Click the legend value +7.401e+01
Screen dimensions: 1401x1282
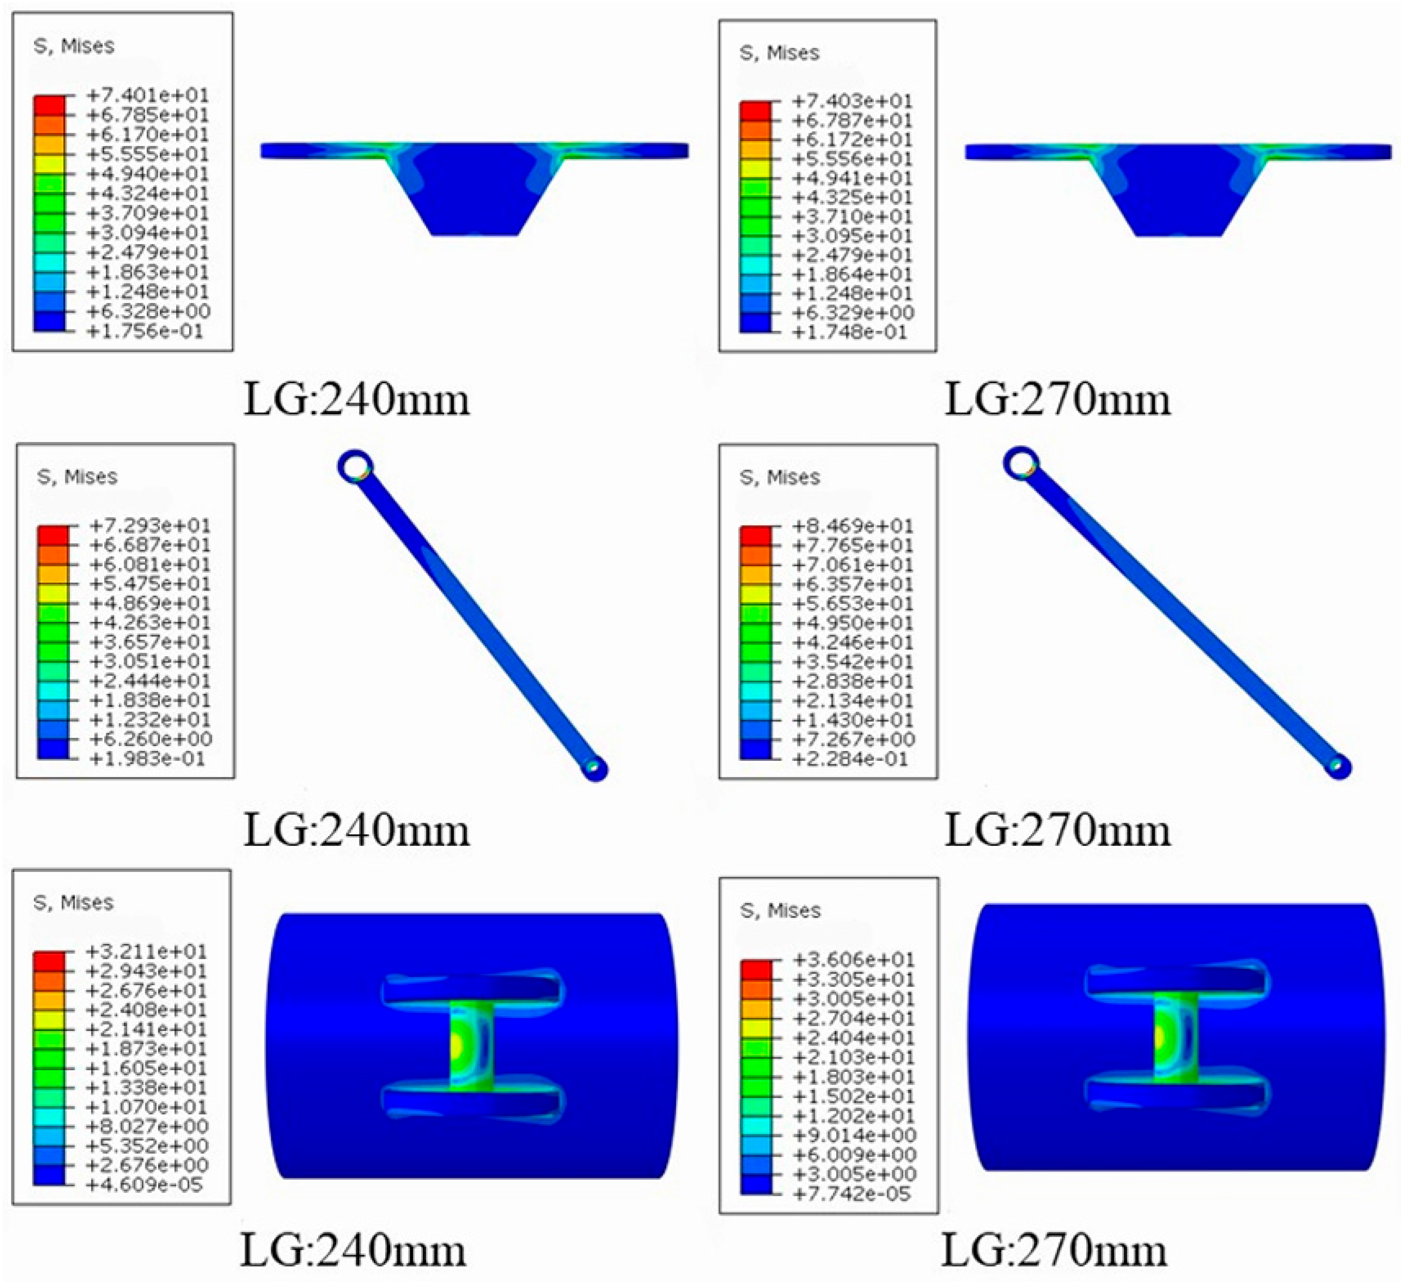[x=147, y=95]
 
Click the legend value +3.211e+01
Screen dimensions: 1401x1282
[x=146, y=951]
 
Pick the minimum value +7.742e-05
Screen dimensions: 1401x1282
[x=852, y=1194]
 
